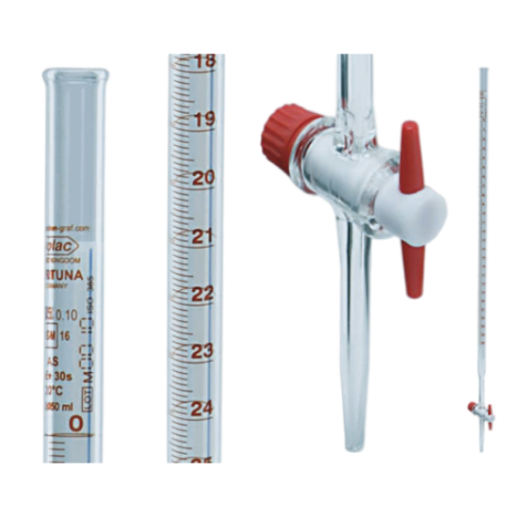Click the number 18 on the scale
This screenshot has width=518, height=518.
click(x=205, y=61)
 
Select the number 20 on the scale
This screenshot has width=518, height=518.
click(x=203, y=177)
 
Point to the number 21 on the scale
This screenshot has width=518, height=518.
click(x=203, y=235)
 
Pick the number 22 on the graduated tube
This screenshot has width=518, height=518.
click(x=203, y=293)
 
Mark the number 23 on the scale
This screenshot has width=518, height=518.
click(x=203, y=351)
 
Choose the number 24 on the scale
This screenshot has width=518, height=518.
click(x=203, y=409)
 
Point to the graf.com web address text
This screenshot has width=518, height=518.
click(x=69, y=228)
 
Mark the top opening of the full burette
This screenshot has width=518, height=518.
click(x=482, y=69)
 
